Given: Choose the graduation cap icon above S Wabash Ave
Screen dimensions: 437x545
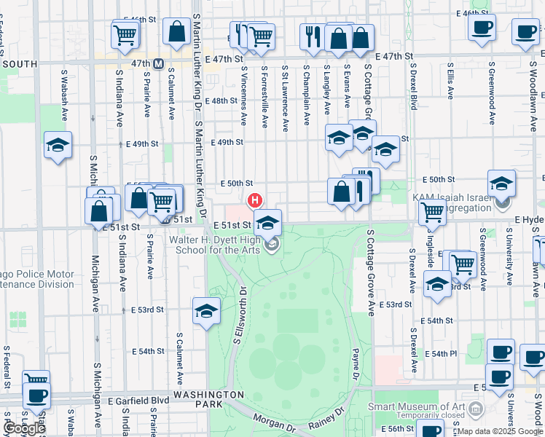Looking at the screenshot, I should [58, 145].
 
